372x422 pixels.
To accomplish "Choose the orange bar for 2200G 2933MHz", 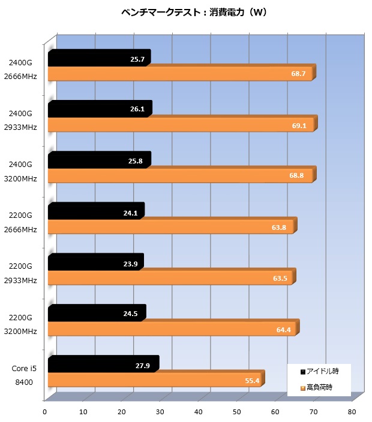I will coord(169,278).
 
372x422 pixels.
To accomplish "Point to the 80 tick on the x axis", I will coord(351,412).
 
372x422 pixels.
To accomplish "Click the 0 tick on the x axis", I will coord(44,412).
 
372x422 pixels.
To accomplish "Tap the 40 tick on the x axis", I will coord(198,412).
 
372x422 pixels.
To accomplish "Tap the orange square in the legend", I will coord(303,388).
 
